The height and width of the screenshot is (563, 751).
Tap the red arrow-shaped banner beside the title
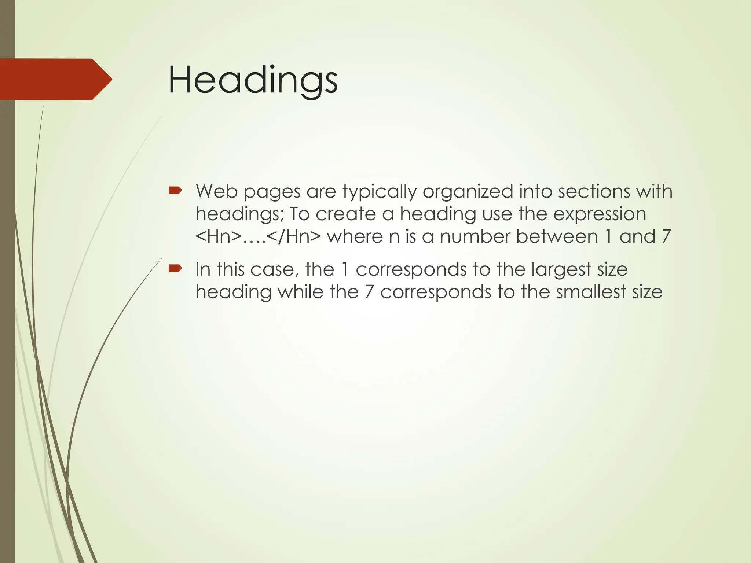pos(55,79)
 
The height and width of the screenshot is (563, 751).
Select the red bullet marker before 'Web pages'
pos(175,190)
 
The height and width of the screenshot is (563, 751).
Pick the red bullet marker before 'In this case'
pos(175,268)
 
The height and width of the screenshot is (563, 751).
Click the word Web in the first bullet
pos(216,191)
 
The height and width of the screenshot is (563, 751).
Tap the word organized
pos(468,192)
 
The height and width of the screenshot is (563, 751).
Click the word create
pos(346,214)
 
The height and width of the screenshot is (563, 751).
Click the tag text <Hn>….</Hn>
pos(258,237)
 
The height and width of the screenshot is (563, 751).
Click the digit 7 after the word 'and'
pos(666,237)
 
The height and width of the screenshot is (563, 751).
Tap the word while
pos(300,292)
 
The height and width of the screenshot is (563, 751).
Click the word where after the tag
pos(355,237)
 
